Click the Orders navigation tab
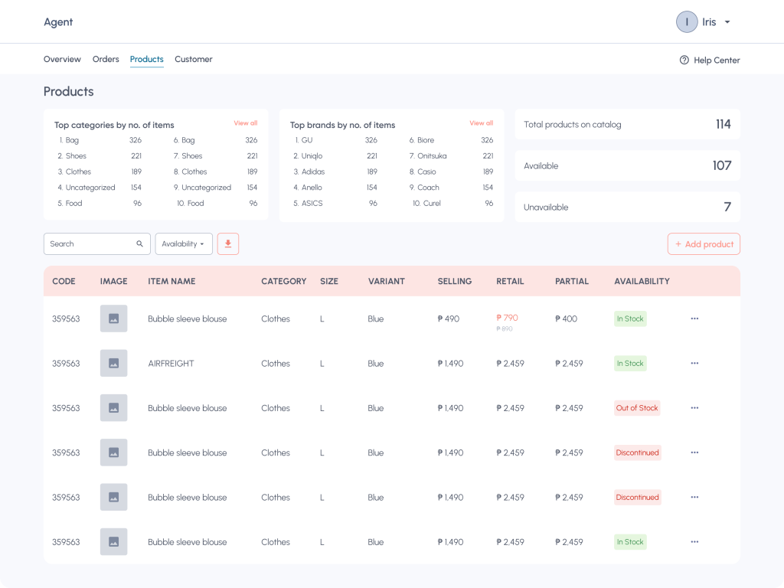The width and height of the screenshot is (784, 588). (x=106, y=59)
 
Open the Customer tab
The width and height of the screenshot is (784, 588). (x=194, y=59)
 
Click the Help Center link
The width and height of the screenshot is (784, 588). (x=710, y=60)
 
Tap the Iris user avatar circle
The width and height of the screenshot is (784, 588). (x=687, y=22)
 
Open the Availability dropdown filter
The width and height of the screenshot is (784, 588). (x=184, y=244)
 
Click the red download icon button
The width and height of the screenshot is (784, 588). (x=228, y=244)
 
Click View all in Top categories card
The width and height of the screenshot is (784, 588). (x=246, y=123)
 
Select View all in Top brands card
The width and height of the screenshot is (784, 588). (x=481, y=123)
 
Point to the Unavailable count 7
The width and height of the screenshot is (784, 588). (x=727, y=207)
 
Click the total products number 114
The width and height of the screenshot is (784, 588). (x=723, y=124)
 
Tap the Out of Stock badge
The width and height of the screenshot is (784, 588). (x=637, y=408)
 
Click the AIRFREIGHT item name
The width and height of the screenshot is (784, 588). (x=171, y=364)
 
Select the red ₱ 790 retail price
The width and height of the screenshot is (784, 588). (x=507, y=318)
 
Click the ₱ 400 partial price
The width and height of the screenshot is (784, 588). (x=566, y=318)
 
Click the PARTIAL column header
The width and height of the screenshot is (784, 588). (x=571, y=281)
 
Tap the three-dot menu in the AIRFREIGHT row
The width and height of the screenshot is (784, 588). (x=694, y=363)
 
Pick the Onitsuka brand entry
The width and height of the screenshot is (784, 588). (x=428, y=156)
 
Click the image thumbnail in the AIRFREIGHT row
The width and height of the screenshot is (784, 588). (x=113, y=363)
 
